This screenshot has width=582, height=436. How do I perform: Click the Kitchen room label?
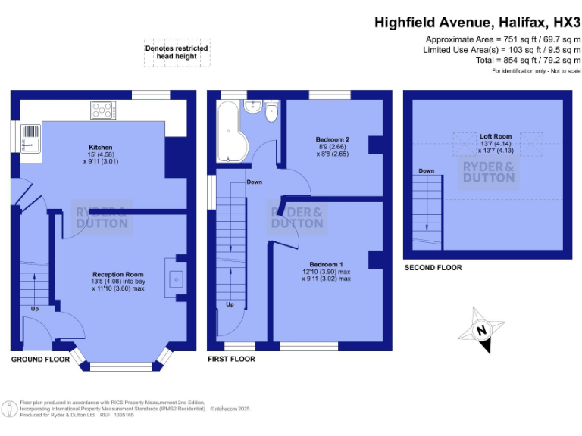click(101, 148)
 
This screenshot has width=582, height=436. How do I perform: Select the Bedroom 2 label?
click(332, 139)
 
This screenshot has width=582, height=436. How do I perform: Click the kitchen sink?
click(30, 142)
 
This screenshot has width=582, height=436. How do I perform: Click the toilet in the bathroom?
click(272, 113)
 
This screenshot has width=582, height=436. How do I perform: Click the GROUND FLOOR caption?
click(40, 359)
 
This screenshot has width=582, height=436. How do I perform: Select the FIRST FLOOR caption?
click(231, 359)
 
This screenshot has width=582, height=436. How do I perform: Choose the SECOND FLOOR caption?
click(433, 268)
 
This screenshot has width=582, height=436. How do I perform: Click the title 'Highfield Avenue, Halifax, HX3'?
click(477, 23)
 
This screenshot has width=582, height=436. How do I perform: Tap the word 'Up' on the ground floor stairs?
click(35, 309)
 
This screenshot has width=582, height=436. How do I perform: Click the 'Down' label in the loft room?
click(427, 171)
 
